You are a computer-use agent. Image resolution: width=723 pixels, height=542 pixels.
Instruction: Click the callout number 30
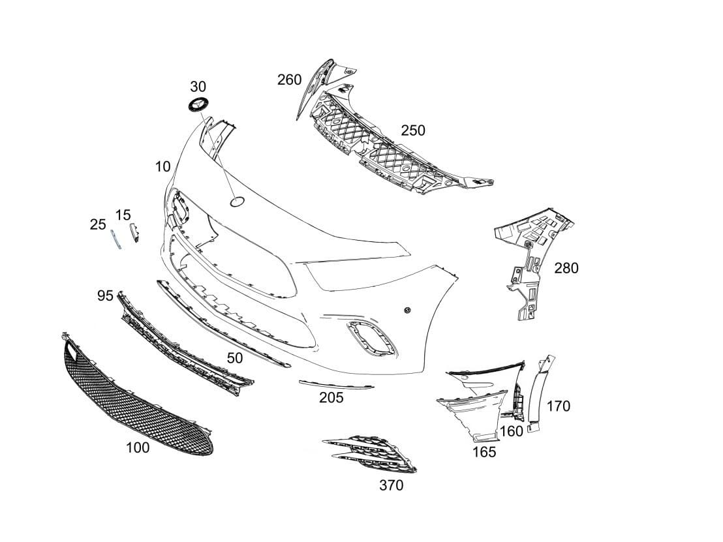coord(198,87)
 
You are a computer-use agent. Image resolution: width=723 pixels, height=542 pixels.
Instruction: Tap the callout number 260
coord(289,80)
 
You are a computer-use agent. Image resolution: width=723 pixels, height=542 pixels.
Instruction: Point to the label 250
coord(412,130)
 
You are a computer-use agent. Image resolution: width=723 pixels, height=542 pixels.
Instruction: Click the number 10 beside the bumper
coord(163,167)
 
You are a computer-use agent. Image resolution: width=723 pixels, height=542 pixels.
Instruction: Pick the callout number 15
coord(123,215)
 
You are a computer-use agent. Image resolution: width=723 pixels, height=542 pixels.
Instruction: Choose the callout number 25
coord(98,224)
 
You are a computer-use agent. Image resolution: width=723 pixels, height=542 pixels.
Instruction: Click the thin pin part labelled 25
coord(115,239)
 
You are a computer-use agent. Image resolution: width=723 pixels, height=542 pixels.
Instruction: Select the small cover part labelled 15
coord(135,233)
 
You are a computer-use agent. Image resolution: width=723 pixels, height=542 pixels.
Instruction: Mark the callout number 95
coord(105,296)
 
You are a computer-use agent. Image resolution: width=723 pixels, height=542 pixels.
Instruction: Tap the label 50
coord(235,357)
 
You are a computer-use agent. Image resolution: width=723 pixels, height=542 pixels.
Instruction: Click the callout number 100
coord(137,447)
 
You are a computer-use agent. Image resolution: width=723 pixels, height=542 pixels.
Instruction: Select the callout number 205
coord(331,397)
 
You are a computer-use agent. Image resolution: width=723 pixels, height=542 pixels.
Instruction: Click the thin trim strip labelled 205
coord(336,384)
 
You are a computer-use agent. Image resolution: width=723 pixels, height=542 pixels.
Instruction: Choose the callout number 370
coord(391,485)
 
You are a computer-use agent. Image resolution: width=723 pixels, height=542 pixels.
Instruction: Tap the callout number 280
coord(566,268)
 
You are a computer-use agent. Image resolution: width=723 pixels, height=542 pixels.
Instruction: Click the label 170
coord(558,406)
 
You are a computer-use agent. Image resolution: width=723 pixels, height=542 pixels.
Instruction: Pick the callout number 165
coord(484,452)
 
